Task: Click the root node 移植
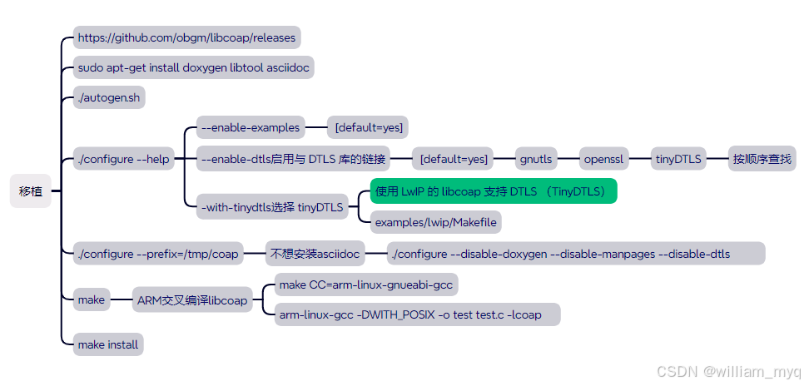(31, 191)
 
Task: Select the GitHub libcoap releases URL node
(186, 37)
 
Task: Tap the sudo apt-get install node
(195, 68)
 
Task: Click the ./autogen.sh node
(109, 98)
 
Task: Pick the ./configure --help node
(124, 159)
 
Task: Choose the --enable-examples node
(251, 128)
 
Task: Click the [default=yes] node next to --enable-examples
(368, 128)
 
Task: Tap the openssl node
(603, 159)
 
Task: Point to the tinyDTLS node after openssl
(678, 159)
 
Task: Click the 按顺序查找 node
(762, 159)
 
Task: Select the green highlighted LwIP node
(494, 191)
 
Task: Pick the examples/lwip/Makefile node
(436, 222)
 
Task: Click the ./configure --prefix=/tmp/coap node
(158, 254)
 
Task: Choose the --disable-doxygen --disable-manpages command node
(577, 254)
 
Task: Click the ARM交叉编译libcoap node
(193, 300)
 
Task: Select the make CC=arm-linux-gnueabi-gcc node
(366, 285)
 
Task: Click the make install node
(108, 344)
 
